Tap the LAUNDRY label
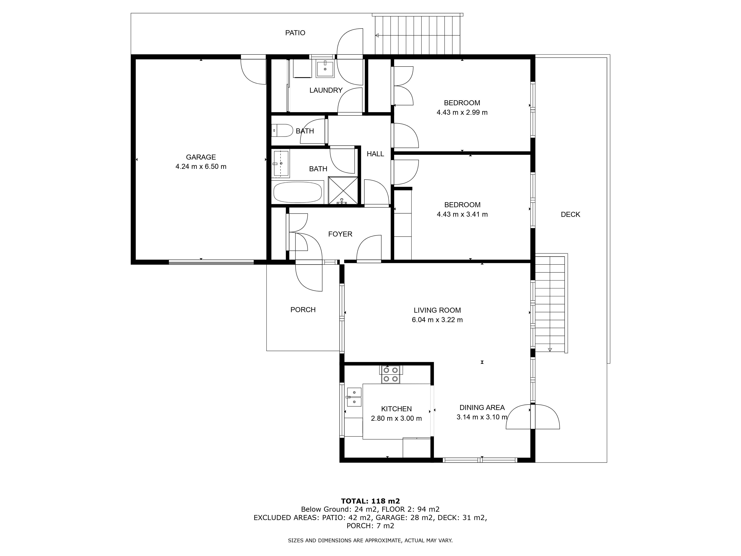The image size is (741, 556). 326,90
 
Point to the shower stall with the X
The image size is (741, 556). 343,190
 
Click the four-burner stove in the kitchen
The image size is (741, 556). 391,374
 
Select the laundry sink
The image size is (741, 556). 325,69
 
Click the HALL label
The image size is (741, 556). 375,154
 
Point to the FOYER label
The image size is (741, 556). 340,234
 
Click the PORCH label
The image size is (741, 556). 303,310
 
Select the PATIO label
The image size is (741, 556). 295,33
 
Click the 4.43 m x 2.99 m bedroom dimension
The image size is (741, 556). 462,112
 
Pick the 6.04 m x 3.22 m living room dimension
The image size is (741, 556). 437,320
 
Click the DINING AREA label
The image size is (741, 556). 482,408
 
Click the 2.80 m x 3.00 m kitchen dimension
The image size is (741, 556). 396,418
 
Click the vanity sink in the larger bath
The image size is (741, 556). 281,163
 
